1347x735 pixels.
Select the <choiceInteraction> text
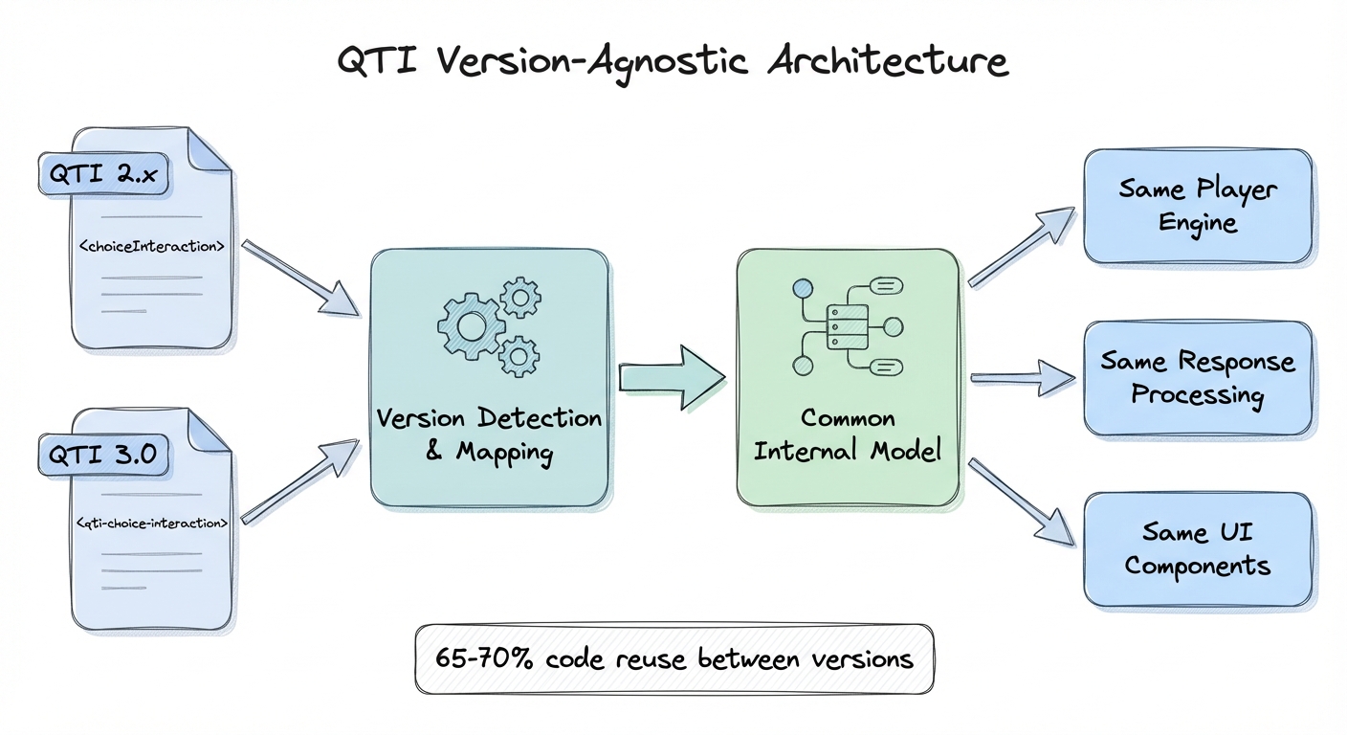152,246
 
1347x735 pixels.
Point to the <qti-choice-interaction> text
152,523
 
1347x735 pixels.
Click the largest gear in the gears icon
472,325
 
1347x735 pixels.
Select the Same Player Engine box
1197,206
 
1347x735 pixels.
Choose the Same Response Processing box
1197,378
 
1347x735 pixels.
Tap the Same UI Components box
1197,548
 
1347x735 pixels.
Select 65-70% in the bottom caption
481,659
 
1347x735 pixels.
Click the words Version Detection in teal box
489,418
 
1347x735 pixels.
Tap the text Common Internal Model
847,434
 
